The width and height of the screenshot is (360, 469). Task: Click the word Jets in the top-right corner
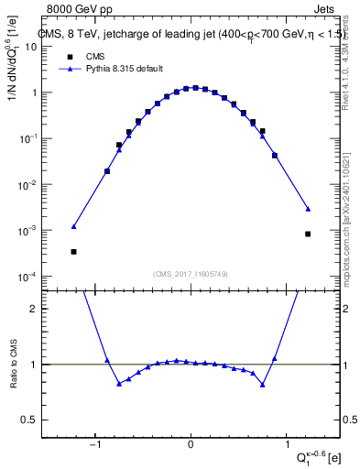click(x=328, y=8)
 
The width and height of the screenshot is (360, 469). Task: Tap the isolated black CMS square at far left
click(x=73, y=251)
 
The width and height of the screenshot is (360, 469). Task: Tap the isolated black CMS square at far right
click(x=308, y=234)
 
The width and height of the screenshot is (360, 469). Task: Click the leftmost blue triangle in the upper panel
click(x=73, y=226)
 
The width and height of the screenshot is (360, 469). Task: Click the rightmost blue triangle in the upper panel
click(x=308, y=209)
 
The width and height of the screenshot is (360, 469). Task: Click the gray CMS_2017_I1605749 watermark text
click(x=191, y=274)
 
